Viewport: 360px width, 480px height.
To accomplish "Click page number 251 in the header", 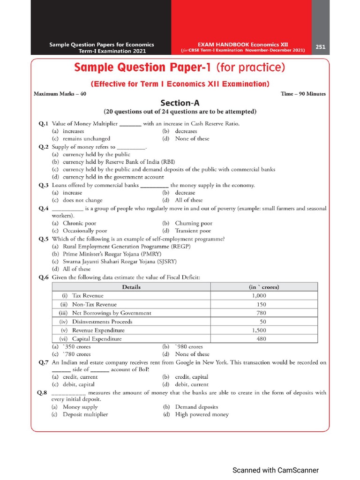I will click(x=321, y=47).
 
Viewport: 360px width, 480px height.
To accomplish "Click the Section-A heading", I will click(x=180, y=103).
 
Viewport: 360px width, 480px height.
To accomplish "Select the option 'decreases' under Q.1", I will click(x=186, y=131).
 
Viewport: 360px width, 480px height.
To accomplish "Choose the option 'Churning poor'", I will click(x=194, y=223).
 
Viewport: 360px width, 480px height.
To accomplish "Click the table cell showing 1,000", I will click(x=259, y=296).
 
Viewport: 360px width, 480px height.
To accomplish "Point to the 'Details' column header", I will click(x=131, y=287).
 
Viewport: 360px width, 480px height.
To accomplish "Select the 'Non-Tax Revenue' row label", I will click(x=94, y=304).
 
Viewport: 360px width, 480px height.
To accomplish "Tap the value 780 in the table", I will click(x=261, y=313).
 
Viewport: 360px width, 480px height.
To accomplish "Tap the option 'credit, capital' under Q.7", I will click(x=192, y=377).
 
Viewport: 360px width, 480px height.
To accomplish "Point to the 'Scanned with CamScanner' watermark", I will click(x=276, y=470).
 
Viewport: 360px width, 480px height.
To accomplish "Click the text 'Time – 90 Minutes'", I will click(x=303, y=93).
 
